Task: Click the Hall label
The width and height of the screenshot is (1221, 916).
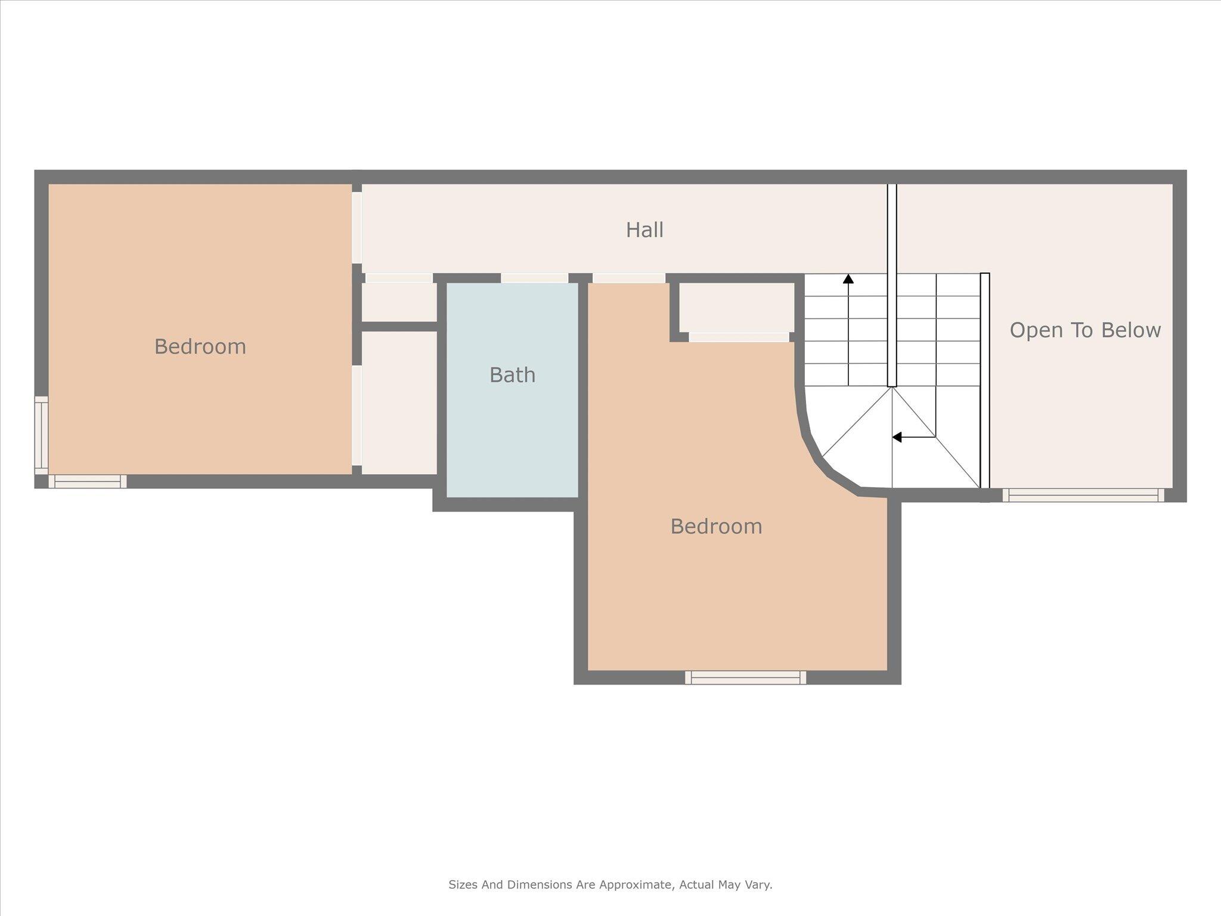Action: point(644,230)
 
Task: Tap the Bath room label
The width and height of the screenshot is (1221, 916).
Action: point(512,375)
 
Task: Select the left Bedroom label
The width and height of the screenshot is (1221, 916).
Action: point(200,346)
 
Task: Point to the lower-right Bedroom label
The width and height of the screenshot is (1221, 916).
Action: point(716,526)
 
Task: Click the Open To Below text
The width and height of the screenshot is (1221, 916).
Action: point(1085,330)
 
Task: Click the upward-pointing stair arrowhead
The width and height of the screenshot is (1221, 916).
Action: point(848,278)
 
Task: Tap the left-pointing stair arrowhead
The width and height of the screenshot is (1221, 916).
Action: point(897,437)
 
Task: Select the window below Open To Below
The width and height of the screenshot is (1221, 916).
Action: point(1083,495)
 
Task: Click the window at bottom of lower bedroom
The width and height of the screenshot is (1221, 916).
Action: point(745,677)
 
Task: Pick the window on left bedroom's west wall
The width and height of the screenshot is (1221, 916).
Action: point(41,435)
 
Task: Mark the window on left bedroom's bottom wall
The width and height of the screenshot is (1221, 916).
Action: point(88,481)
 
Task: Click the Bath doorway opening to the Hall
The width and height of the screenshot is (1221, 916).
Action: point(534,278)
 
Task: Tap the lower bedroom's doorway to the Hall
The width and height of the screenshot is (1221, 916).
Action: point(629,278)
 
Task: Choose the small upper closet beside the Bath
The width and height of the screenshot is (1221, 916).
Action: point(399,302)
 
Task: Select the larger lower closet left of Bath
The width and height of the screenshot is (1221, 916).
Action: point(399,403)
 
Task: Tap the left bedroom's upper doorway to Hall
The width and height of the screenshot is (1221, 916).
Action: point(357,227)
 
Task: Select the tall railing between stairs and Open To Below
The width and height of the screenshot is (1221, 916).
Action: point(985,380)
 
